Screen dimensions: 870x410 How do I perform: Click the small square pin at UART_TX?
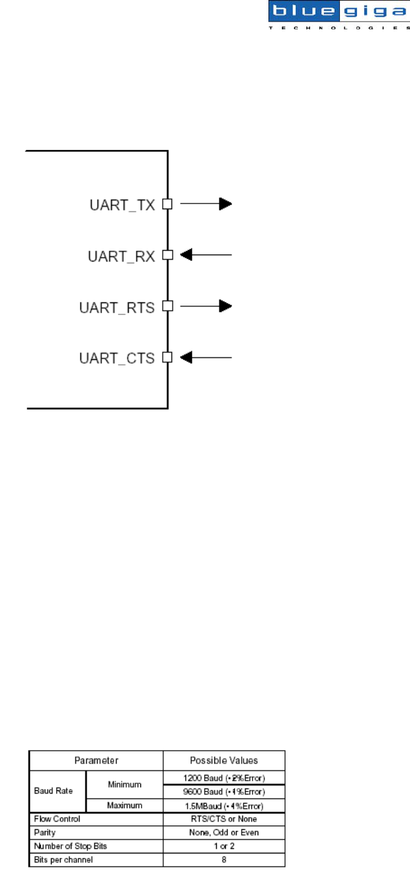(x=167, y=205)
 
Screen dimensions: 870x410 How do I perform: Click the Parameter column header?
(x=95, y=761)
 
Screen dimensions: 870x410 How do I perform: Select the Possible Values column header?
(x=224, y=761)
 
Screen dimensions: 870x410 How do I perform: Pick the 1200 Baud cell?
(x=224, y=777)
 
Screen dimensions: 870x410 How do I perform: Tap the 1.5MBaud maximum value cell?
(x=224, y=806)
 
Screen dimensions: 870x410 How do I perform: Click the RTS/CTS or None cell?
(x=224, y=818)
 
